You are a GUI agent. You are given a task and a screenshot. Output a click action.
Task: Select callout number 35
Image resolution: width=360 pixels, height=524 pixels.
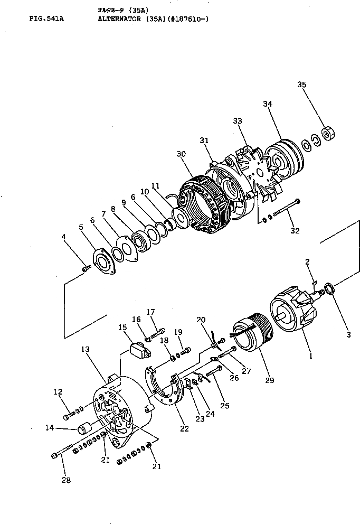point(302,85)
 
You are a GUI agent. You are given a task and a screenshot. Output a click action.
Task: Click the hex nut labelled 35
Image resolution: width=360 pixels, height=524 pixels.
point(329,133)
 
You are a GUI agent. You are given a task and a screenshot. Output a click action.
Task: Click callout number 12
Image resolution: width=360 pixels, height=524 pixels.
point(58,391)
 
